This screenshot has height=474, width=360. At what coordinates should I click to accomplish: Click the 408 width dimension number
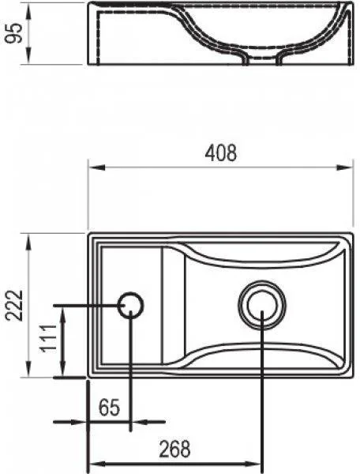221,153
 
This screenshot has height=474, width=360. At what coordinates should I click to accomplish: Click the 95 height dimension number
14,33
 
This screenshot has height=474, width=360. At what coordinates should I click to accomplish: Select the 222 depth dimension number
14,306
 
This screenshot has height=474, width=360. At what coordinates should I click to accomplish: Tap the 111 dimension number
49,338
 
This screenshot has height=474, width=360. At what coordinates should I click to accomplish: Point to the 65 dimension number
109,408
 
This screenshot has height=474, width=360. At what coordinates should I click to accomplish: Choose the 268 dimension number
174,449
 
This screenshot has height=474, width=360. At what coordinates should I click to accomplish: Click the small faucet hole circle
130,305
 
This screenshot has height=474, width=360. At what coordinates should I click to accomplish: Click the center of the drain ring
262,305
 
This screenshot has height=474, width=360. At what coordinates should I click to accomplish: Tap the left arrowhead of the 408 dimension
96,167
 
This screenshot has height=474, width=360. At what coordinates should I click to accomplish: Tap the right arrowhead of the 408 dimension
345,167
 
